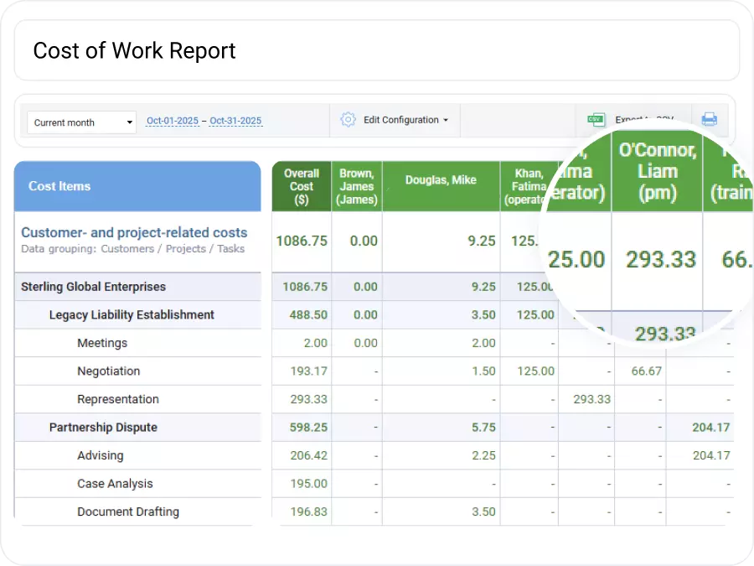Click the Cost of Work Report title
point(134,50)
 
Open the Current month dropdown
point(81,122)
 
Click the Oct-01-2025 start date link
point(173,121)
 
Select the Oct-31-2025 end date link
point(235,121)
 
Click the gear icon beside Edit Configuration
point(348,120)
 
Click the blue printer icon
point(710,119)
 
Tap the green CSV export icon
point(596,120)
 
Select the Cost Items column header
point(59,186)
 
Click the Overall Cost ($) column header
point(302,186)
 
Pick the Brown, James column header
point(357,186)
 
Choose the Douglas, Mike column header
point(441,180)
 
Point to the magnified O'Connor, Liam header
point(658,171)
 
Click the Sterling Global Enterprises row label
point(93,287)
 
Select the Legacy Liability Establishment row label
point(132,315)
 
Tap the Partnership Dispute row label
point(103,428)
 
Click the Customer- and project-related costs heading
point(134,233)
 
